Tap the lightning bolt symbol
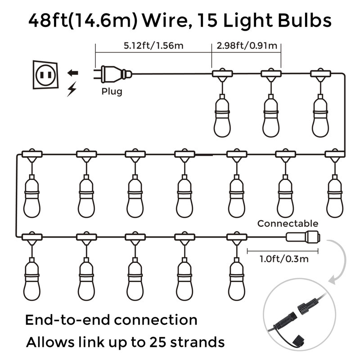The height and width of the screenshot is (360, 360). pyautogui.click(x=71, y=90)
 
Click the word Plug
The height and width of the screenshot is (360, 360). pyautogui.click(x=111, y=91)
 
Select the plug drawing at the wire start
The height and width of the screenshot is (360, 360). pyautogui.click(x=114, y=73)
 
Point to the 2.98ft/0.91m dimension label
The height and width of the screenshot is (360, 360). pyautogui.click(x=247, y=45)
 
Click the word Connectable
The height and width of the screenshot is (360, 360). pyautogui.click(x=288, y=224)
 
